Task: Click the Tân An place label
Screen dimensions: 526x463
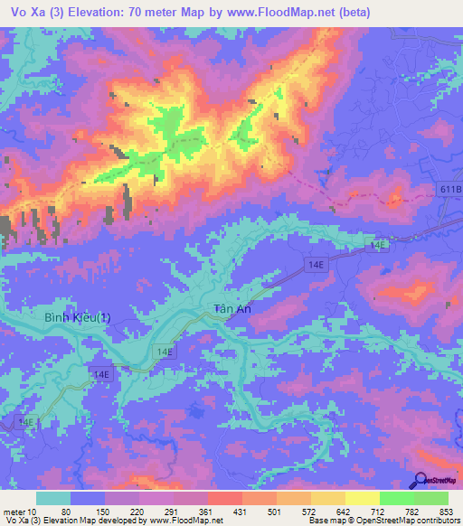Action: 231,308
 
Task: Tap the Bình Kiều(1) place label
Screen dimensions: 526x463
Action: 78,318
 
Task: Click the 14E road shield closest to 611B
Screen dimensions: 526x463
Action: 376,244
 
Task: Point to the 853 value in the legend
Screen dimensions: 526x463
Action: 446,511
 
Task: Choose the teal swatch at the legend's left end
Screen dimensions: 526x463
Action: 54,498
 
